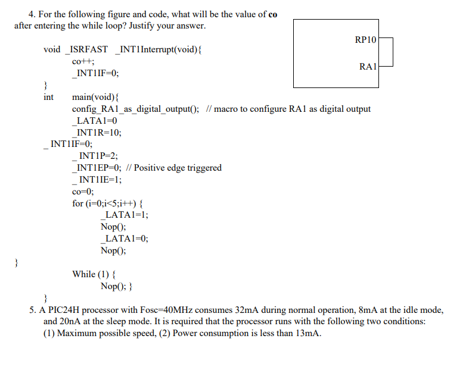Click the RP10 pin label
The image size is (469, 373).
pyautogui.click(x=365, y=40)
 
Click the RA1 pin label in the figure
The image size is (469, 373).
pyautogui.click(x=368, y=67)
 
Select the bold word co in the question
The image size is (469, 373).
pyautogui.click(x=272, y=14)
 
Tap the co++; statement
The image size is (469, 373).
pyautogui.click(x=83, y=61)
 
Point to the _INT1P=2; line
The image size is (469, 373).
pyautogui.click(x=94, y=156)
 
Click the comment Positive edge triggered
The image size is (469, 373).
pyautogui.click(x=178, y=168)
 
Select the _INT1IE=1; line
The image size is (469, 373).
pyautogui.click(x=96, y=180)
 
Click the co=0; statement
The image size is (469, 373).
pyautogui.click(x=83, y=192)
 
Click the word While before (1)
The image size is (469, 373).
pyautogui.click(x=84, y=274)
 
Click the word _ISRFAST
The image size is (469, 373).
pyautogui.click(x=86, y=49)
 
